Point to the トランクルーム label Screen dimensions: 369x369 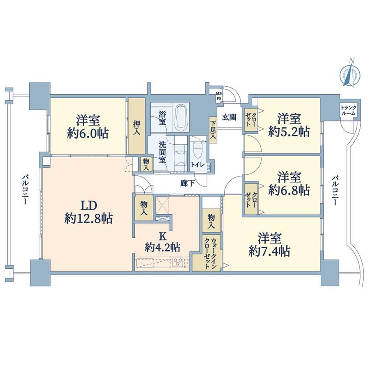tap(349, 110)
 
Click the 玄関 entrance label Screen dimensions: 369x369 tap(229, 117)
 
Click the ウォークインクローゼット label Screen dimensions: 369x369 tap(210, 253)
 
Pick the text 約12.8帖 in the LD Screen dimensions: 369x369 tap(89, 219)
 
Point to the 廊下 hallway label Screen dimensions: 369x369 tap(188, 183)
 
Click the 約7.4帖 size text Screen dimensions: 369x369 tap(269, 252)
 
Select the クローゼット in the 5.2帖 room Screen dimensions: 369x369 tap(251, 120)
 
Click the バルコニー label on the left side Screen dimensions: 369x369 tap(25, 189)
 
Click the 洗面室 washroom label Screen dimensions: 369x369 tap(162, 152)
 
